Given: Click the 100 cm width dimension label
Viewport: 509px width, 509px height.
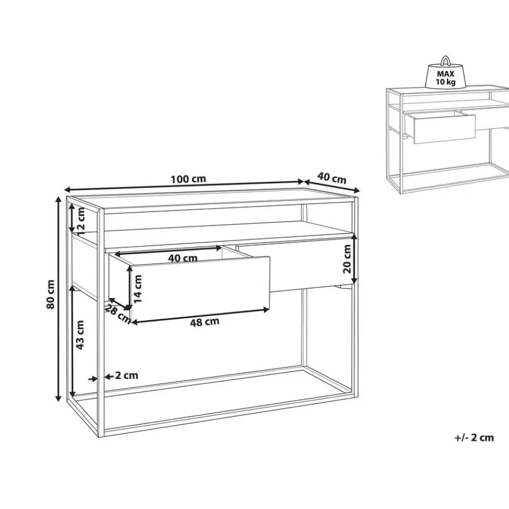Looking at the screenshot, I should pos(188,179).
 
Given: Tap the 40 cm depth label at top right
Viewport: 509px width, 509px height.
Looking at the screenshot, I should pos(332,178).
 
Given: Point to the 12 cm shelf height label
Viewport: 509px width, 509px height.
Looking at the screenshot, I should pos(81,219).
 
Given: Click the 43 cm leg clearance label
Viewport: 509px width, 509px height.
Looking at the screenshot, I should pos(81,335).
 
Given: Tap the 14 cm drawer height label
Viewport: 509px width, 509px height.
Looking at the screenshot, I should pos(137,288).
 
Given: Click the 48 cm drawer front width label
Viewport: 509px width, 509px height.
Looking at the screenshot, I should pos(204,321).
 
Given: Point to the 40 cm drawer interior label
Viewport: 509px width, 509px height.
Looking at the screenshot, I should pos(182,258).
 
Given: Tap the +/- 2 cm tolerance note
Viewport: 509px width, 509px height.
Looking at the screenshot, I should pos(474,437).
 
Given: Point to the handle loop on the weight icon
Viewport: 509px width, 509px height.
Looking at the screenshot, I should pos(446,60).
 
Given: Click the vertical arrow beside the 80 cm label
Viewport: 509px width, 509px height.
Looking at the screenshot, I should pos(58,297).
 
